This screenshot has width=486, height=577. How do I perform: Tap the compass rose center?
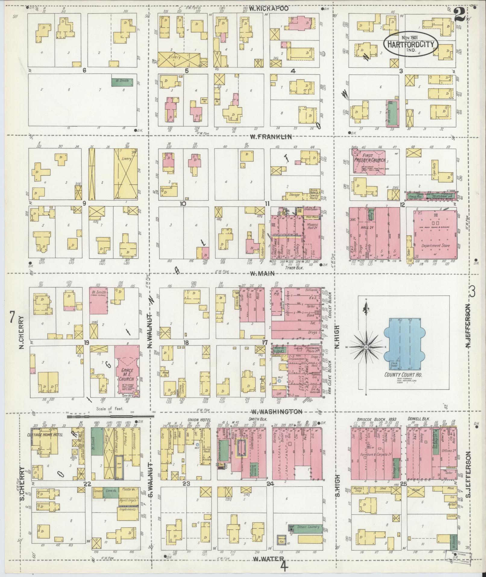point(366,347)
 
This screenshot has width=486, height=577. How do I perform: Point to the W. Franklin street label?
point(271,137)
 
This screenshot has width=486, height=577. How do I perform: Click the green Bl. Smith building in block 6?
point(122,81)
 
